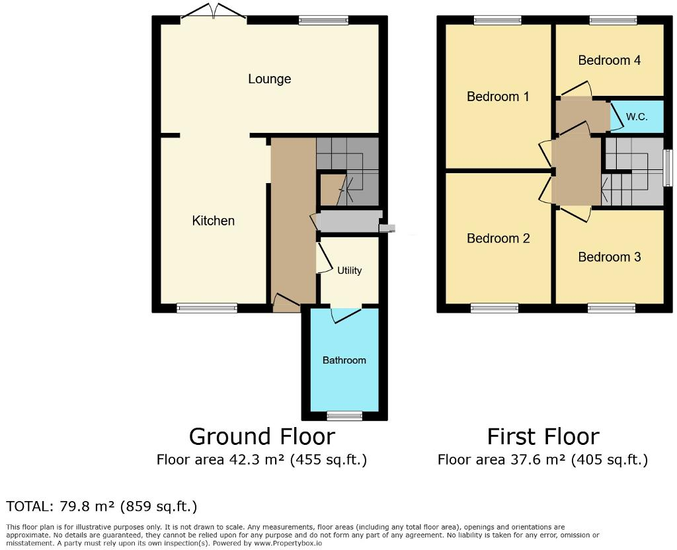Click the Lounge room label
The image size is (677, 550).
pyautogui.click(x=269, y=79)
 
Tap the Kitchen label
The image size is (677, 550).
pyautogui.click(x=213, y=221)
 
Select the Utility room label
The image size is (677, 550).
pyautogui.click(x=349, y=270)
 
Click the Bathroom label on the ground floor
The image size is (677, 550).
pyautogui.click(x=344, y=360)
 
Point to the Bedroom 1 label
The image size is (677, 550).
pyautogui.click(x=498, y=97)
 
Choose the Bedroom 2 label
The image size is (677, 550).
pyautogui.click(x=498, y=239)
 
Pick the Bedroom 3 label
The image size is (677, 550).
pyautogui.click(x=609, y=257)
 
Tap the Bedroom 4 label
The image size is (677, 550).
pyautogui.click(x=609, y=60)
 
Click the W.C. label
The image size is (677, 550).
pyautogui.click(x=636, y=117)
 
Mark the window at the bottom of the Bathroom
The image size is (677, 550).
pyautogui.click(x=344, y=416)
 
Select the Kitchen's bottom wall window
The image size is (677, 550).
pyautogui.click(x=206, y=307)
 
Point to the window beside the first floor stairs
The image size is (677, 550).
pyautogui.click(x=667, y=168)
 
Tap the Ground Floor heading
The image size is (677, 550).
pyautogui.click(x=262, y=437)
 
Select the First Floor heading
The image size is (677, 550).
pyautogui.click(x=543, y=437)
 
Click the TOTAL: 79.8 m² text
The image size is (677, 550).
pyautogui.click(x=102, y=507)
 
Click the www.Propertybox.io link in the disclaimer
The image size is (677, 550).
pyautogui.click(x=288, y=543)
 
